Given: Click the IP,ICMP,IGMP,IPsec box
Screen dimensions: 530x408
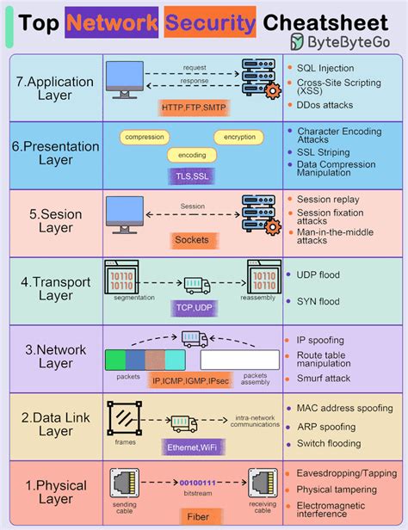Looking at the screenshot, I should [192, 379].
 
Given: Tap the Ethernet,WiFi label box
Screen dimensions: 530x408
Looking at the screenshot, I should [192, 447].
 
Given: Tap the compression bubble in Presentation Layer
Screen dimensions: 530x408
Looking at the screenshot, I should [144, 137].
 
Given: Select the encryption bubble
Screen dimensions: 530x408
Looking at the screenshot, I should [239, 137].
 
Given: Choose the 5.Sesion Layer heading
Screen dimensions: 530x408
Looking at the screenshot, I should [52, 220].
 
